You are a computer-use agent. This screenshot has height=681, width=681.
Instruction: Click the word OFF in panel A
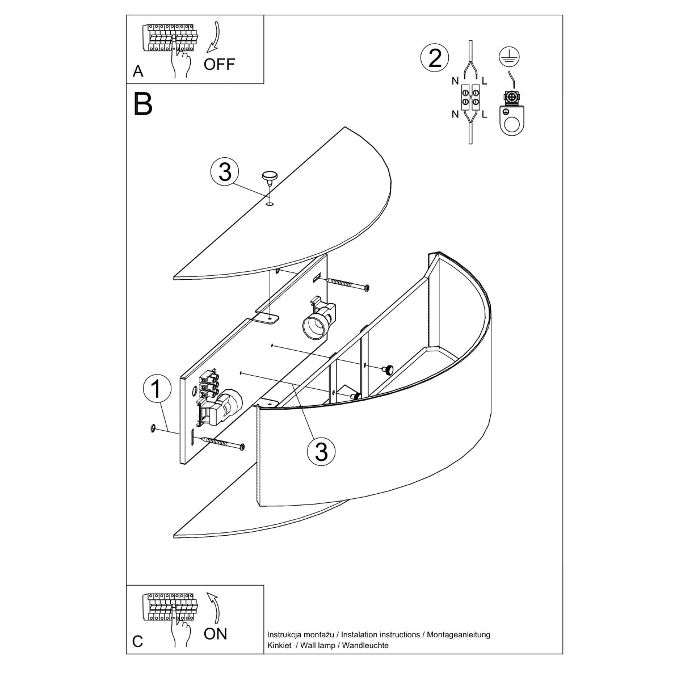pos(219,64)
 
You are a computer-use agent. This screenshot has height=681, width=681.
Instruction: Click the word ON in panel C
pos(215,633)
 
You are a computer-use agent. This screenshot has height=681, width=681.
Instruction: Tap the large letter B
pos(143,104)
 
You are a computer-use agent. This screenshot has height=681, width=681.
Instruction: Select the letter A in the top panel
pos(138,72)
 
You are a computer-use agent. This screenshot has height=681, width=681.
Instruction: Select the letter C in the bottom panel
pos(138,641)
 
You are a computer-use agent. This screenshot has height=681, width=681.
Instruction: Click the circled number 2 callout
pos(435,58)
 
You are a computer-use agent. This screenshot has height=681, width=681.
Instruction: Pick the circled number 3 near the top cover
pos(225,172)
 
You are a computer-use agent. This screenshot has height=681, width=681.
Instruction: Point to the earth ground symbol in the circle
pos(511,56)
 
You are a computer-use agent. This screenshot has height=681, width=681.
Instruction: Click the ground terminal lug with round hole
pos(512,116)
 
